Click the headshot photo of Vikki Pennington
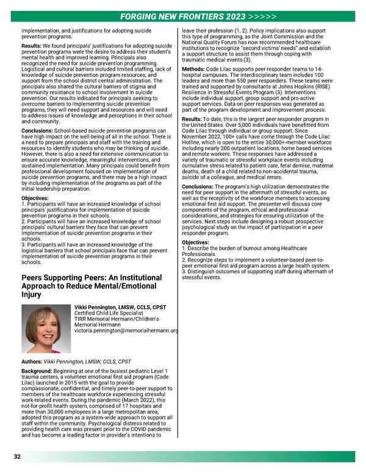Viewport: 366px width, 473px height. pyautogui.click(x=44, y=329)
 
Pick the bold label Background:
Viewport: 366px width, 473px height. pyautogui.click(x=37, y=371)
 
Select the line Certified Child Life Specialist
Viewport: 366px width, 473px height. pyautogui.click(x=110, y=313)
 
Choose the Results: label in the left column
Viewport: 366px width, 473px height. pyautogui.click(x=31, y=45)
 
